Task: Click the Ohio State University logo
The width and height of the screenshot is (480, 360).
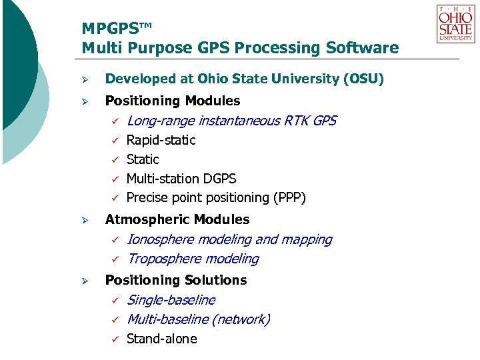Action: click(455, 24)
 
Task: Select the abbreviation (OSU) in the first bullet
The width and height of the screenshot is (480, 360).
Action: click(363, 79)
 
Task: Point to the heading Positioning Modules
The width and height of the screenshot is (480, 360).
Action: click(173, 101)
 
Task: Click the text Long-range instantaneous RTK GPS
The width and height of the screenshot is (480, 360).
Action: click(231, 121)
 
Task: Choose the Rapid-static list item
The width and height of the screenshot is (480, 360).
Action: click(161, 140)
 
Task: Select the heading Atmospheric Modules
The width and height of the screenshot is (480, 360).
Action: click(177, 219)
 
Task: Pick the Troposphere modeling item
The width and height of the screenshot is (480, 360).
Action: click(193, 259)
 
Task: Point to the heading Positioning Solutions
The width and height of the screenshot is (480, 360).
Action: click(176, 280)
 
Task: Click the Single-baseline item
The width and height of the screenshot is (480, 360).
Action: click(171, 300)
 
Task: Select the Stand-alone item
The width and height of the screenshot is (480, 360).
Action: click(162, 339)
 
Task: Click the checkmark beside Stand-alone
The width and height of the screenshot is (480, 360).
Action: click(114, 339)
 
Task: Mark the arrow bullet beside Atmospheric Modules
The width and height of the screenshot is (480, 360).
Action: click(85, 220)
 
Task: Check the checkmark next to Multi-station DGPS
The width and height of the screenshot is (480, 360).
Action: click(114, 179)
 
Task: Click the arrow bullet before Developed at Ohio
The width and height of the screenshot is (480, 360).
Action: click(85, 80)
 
